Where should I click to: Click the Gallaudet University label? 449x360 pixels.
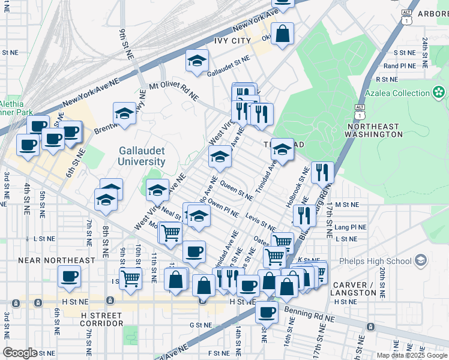142,156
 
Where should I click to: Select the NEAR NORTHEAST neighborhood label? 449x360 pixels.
56,261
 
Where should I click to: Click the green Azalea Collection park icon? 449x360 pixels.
439,92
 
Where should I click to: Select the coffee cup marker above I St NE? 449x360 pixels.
69,276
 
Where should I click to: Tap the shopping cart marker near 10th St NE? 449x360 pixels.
130,277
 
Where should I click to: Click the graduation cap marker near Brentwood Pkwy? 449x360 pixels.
124,113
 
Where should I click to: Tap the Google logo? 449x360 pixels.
20,353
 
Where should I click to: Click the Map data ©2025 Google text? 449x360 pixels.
412,355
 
